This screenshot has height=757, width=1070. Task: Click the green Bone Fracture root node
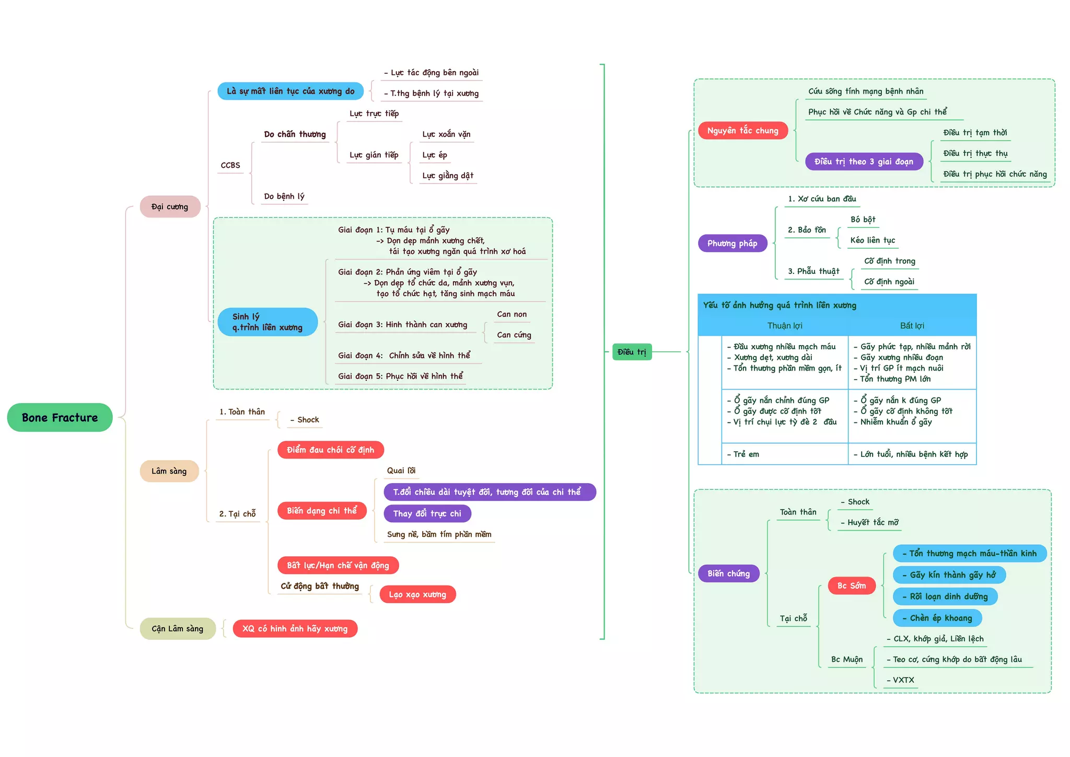[x=60, y=417]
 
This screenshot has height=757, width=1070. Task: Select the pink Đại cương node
[x=170, y=207]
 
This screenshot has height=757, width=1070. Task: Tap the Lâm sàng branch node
[x=169, y=471]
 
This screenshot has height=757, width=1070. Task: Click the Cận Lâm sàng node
[x=177, y=628]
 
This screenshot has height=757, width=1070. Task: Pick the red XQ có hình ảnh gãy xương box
[x=295, y=628]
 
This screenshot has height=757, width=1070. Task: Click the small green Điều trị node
[x=632, y=352]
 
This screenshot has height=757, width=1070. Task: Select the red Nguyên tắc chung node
[x=742, y=130]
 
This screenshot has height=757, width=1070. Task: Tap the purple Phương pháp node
[x=732, y=243]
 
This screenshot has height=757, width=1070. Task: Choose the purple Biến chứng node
[x=728, y=574]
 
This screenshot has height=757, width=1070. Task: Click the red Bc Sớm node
[x=851, y=586]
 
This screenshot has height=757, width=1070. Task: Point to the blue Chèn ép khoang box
[x=937, y=618]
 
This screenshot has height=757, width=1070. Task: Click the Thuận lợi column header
[x=784, y=326]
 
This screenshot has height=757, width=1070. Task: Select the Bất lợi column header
[x=912, y=326]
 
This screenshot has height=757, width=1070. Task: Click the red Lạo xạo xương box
[x=417, y=594]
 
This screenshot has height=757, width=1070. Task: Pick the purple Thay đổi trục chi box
[x=427, y=513]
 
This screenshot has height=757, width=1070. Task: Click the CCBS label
[x=230, y=165]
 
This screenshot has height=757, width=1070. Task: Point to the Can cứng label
[x=514, y=335]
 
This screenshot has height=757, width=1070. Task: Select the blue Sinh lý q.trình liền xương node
[x=267, y=322]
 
